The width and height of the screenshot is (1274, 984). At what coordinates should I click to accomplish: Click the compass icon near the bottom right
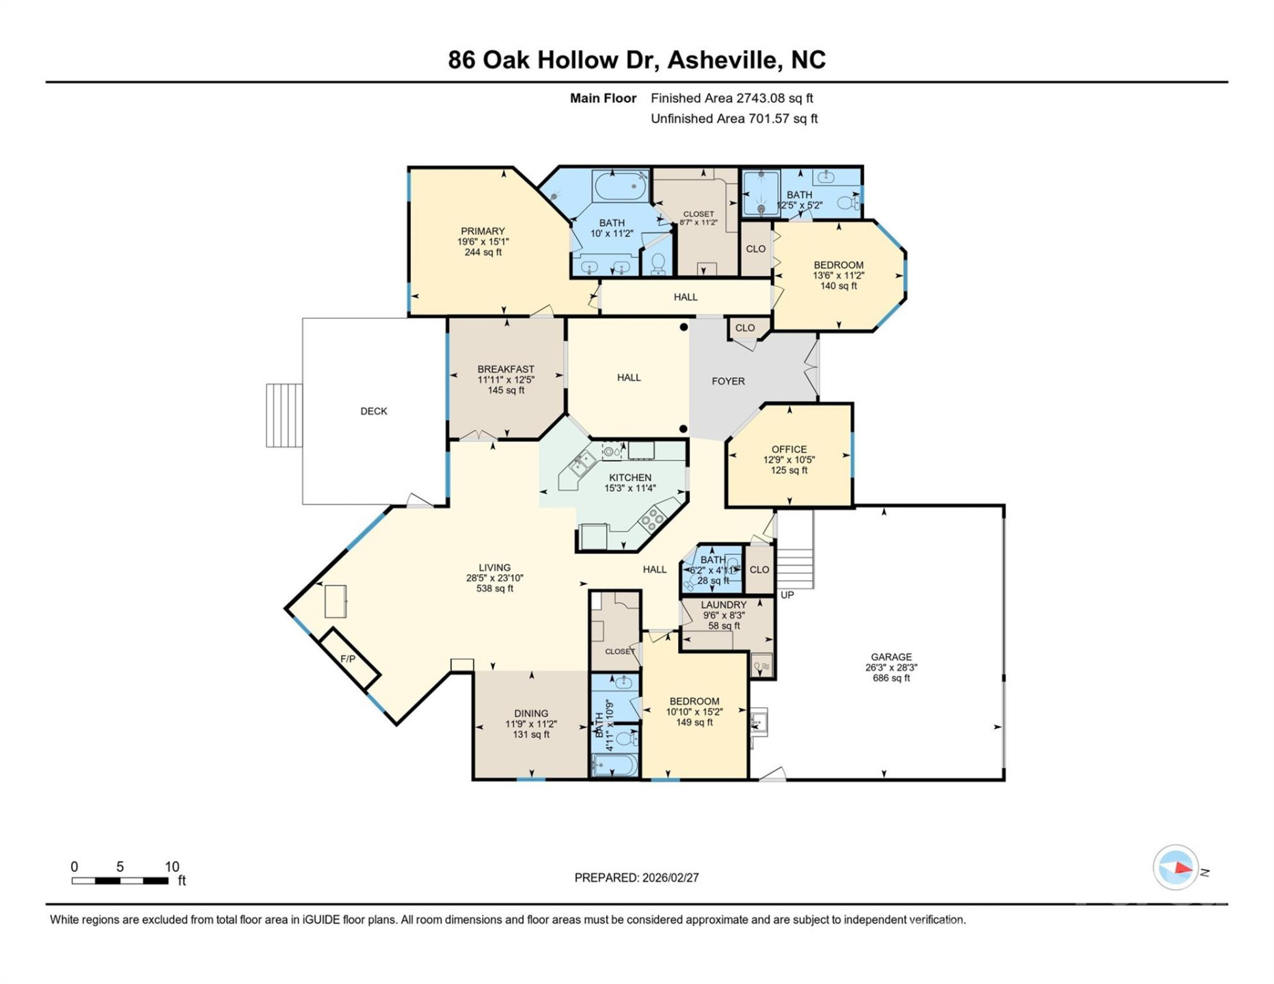1176,868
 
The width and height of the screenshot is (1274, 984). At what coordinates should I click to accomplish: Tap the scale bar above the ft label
120,881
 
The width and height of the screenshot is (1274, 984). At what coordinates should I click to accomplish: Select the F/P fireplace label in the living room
348,659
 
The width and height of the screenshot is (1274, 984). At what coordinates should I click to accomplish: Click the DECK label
373,411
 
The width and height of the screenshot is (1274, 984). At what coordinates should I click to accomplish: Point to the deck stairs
284,415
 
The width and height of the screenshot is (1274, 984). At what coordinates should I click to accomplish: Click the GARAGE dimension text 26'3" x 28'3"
891,668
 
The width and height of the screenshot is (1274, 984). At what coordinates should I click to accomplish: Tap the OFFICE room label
789,449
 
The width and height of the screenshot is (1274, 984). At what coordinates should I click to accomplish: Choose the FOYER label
728,381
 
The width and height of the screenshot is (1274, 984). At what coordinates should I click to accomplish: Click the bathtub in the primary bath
620,186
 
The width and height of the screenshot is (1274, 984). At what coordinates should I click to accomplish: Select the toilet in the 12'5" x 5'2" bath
848,202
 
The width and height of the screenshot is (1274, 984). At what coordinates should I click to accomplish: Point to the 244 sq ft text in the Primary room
483,252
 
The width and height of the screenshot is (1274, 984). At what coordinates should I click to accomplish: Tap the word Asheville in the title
724,60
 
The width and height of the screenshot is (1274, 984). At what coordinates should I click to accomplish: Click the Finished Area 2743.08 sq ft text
731,98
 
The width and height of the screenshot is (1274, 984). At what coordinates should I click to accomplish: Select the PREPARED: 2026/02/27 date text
636,877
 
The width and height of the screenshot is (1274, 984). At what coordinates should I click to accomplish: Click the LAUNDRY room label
723,605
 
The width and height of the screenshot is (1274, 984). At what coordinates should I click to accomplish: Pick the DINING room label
531,713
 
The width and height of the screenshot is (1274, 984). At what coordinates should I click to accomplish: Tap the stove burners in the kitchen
651,520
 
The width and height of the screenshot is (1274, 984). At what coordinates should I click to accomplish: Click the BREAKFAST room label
506,369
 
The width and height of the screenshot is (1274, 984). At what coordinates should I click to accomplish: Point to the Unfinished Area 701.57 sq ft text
733,119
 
